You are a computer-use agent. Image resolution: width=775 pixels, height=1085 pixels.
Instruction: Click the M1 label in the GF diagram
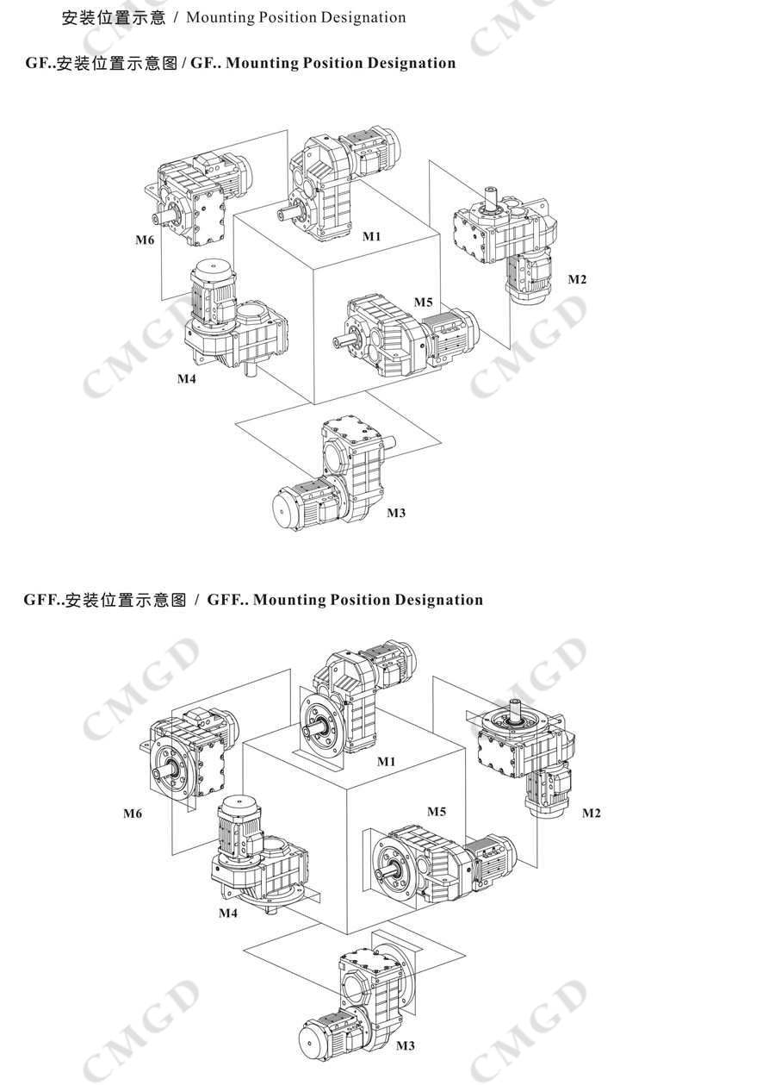[x=371, y=235]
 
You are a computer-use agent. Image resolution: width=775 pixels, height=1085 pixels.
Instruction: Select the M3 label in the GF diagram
[x=395, y=513]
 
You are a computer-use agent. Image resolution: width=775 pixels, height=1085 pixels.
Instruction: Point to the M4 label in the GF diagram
[x=187, y=378]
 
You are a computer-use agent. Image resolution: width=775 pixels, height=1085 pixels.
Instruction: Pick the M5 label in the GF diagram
[x=423, y=302]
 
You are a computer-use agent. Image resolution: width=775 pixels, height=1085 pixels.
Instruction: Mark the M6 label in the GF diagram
[x=144, y=240]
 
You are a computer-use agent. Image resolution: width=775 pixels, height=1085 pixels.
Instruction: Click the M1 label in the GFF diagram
[x=386, y=761]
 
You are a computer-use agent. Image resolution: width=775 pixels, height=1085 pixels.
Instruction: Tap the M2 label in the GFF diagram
[x=592, y=813]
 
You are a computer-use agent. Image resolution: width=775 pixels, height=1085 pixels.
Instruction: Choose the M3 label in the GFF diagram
[x=405, y=1045]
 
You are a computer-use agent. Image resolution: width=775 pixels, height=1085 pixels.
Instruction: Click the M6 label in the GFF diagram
[x=133, y=813]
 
